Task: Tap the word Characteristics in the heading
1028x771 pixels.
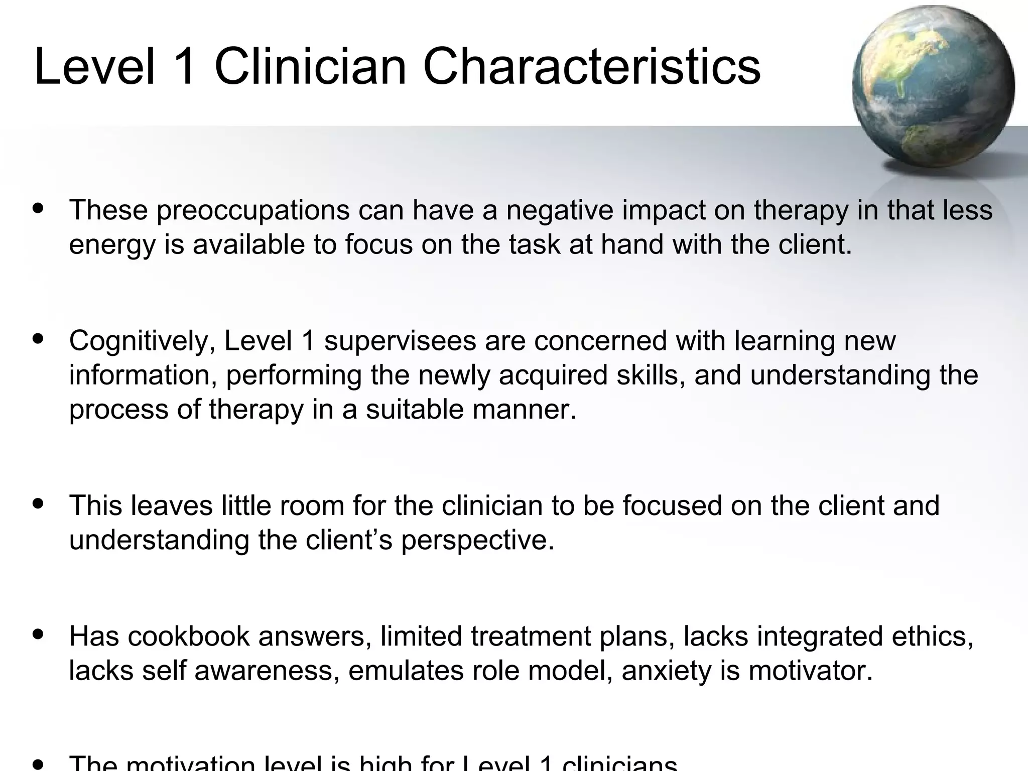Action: point(592,67)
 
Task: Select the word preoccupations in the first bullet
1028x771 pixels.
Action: point(252,211)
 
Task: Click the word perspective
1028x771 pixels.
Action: point(477,541)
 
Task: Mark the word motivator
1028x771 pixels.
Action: point(810,671)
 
